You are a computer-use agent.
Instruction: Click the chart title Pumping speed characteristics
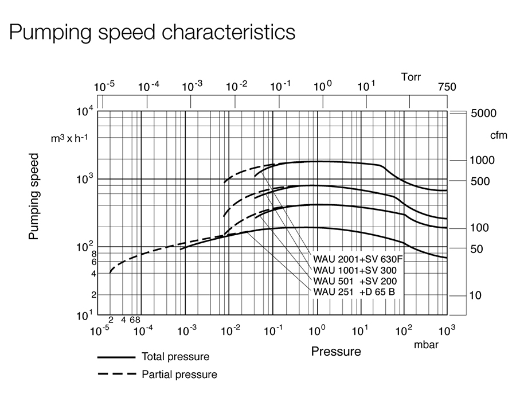(153, 32)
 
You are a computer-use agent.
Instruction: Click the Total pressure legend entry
(175, 357)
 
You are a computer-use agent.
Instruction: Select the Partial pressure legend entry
(179, 375)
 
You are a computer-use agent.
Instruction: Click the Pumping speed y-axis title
(34, 196)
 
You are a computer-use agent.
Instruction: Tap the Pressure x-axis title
(336, 351)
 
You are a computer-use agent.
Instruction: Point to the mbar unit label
(426, 345)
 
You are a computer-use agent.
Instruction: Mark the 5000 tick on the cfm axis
(483, 114)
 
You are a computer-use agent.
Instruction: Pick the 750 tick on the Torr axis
(447, 87)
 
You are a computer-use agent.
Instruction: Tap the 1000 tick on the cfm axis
(483, 160)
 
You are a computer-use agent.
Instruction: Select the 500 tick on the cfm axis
(480, 182)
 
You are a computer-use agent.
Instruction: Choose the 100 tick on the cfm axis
(480, 228)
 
